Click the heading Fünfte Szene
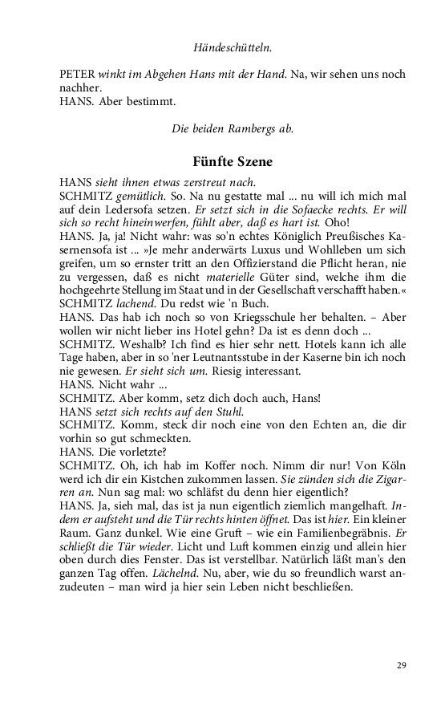click(233, 161)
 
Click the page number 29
click(402, 665)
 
